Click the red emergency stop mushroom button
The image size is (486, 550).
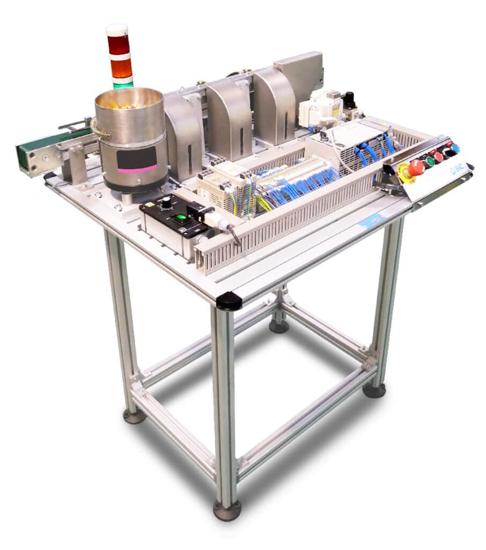click(415, 168)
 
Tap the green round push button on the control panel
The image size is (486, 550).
click(430, 161)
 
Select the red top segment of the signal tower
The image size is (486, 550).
click(118, 45)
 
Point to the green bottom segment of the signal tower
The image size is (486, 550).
click(123, 84)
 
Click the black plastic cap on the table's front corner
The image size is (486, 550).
click(229, 301)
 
